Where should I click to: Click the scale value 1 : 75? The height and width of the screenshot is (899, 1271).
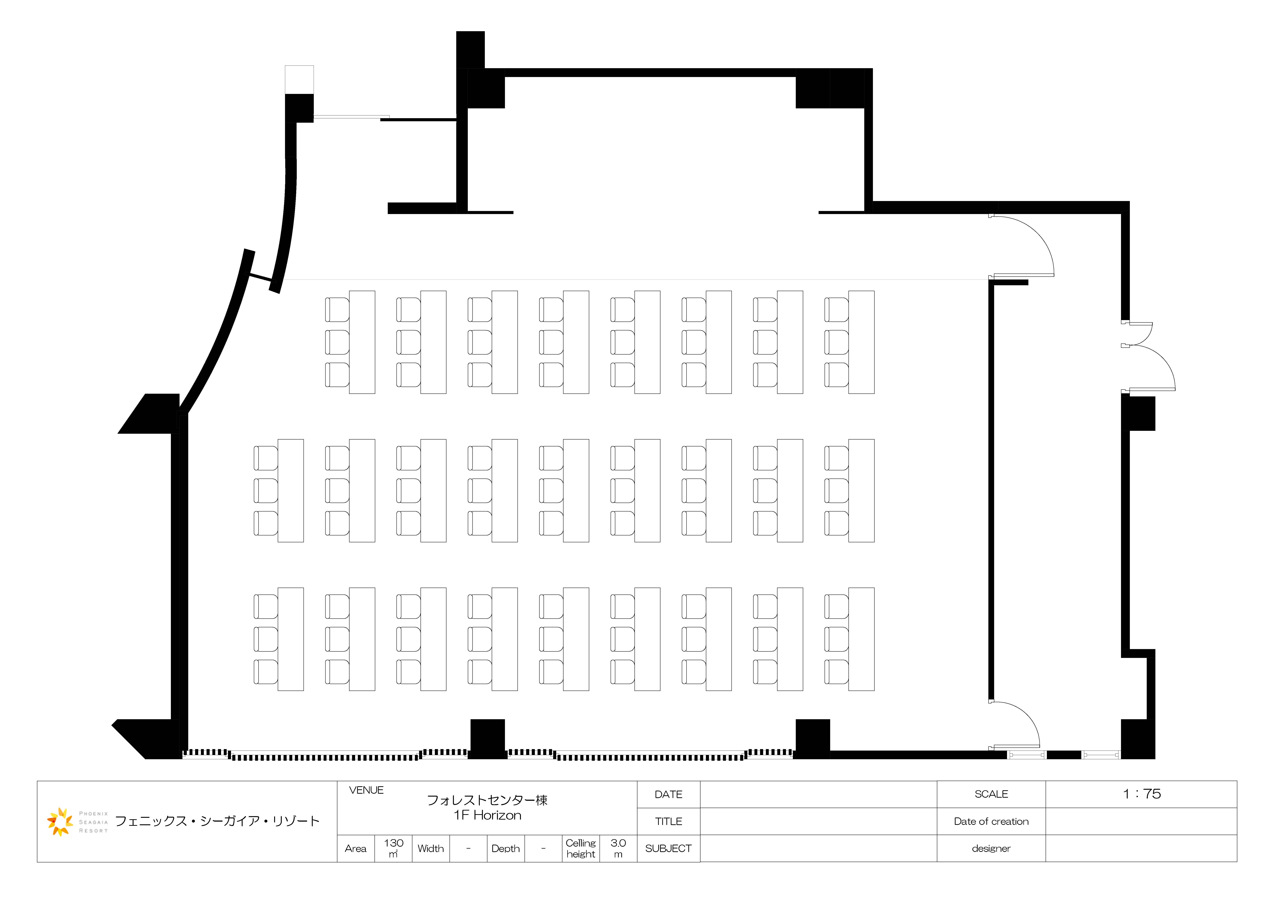click(x=1141, y=794)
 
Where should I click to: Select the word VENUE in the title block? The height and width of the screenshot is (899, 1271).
click(x=367, y=790)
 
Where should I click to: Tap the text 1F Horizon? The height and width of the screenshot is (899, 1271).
click(x=487, y=815)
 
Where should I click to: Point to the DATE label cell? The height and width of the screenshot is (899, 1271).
click(x=669, y=794)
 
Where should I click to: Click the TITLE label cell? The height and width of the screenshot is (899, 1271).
click(x=669, y=821)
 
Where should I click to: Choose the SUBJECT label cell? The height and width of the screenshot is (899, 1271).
click(x=669, y=849)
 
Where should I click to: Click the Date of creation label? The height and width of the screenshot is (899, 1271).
click(x=991, y=821)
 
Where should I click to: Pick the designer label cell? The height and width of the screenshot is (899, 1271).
click(x=991, y=849)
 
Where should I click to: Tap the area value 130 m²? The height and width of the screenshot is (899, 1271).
click(x=394, y=848)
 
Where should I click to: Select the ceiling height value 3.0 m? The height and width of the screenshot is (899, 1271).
click(x=618, y=848)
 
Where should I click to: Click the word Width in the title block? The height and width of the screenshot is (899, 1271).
click(x=431, y=849)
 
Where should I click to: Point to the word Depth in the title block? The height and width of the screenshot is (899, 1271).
click(x=506, y=849)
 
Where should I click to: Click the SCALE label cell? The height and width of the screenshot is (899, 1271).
click(x=991, y=794)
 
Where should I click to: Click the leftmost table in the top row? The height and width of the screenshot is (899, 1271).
click(x=362, y=342)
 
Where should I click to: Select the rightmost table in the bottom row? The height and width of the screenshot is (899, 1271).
click(x=861, y=639)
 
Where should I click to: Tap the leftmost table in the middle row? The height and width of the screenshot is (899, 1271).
click(x=291, y=491)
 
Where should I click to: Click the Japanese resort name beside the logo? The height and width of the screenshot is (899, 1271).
click(x=217, y=821)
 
